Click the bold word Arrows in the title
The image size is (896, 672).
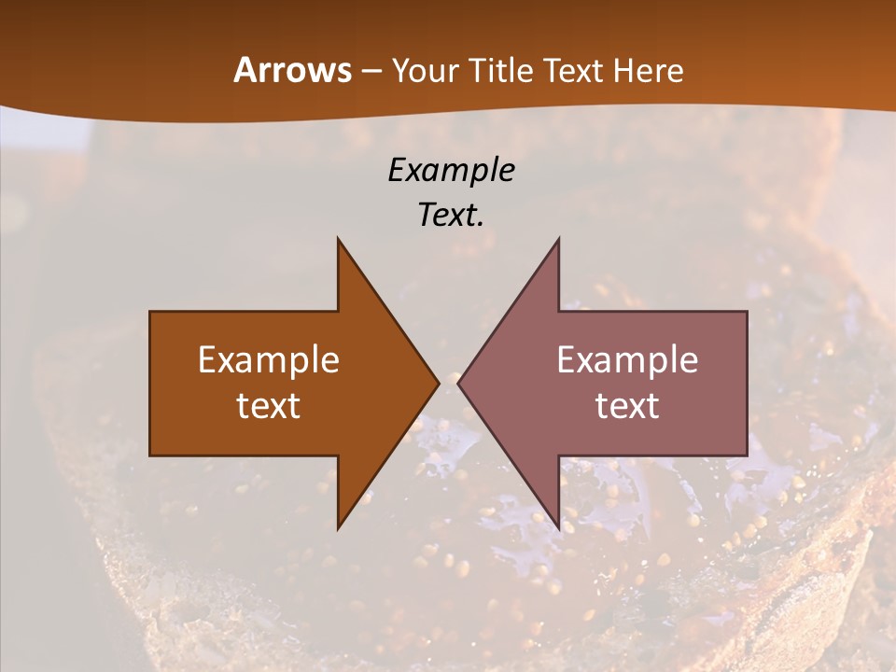293,70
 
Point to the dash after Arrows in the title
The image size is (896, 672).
371,72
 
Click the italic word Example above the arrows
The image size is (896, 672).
451,170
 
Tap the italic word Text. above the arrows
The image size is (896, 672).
451,215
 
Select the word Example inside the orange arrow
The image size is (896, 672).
269,360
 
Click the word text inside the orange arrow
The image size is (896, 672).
269,406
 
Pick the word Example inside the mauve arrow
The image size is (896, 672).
627,360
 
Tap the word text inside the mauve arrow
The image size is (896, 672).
627,406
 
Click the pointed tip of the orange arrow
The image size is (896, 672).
439,383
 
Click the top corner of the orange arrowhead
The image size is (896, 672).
338,239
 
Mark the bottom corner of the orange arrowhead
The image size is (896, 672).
338,528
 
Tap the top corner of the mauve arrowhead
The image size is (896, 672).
558,239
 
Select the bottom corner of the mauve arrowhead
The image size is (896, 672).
558,528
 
